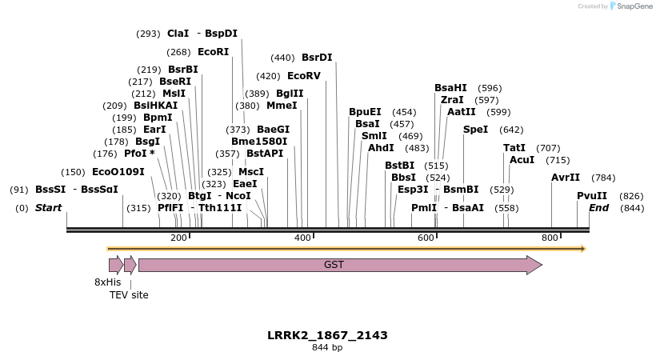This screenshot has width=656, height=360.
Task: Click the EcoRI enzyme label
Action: pyautogui.click(x=214, y=52)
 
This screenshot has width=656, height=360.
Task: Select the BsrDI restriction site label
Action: pyautogui.click(x=317, y=58)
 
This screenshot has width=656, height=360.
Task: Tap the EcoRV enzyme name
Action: pyautogui.click(x=304, y=76)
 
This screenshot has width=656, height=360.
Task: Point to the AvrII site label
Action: pyautogui.click(x=566, y=178)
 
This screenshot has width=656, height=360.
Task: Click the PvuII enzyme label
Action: pyautogui.click(x=592, y=196)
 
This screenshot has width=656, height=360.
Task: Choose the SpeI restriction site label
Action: pyautogui.click(x=475, y=130)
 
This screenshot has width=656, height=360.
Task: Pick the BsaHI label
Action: pyautogui.click(x=450, y=88)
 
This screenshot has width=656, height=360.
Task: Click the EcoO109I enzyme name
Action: pyautogui.click(x=118, y=172)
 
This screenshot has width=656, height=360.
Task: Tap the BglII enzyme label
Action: pyautogui.click(x=290, y=94)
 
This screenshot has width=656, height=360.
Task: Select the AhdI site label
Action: pyautogui.click(x=381, y=148)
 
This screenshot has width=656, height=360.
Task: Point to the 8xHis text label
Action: pyautogui.click(x=108, y=282)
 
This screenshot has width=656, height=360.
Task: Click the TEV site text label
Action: pyautogui.click(x=129, y=295)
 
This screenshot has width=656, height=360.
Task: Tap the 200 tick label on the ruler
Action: pyautogui.click(x=178, y=238)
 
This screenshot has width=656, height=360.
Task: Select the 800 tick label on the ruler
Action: pyautogui.click(x=550, y=238)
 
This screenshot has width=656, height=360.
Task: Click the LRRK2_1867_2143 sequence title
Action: pyautogui.click(x=327, y=335)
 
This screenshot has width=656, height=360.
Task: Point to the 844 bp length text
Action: pyautogui.click(x=327, y=348)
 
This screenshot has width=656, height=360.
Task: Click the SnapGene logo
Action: pyautogui.click(x=630, y=6)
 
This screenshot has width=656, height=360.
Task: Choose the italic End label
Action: pyautogui.click(x=599, y=208)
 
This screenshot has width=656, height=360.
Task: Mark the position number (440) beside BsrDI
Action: pyautogui.click(x=282, y=58)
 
